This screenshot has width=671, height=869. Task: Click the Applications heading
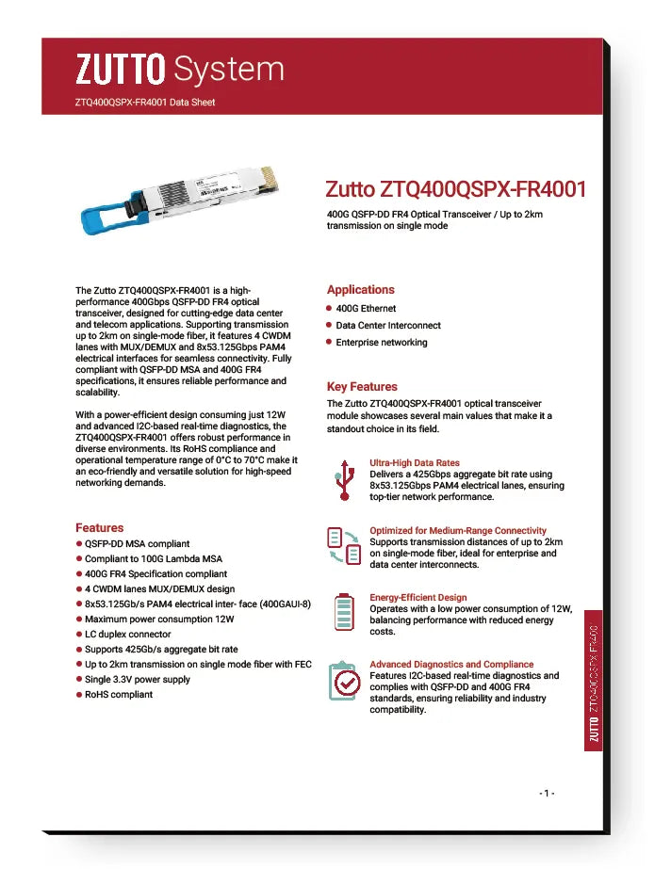click(361, 290)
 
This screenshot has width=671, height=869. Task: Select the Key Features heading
click(362, 387)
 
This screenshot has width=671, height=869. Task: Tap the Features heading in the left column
click(99, 528)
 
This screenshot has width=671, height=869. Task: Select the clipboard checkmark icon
click(344, 681)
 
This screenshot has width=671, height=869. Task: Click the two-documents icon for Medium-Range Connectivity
click(344, 547)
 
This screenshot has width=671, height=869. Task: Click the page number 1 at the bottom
click(547, 794)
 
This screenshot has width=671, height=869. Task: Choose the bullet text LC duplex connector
click(128, 635)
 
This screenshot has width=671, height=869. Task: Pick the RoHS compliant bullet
click(119, 695)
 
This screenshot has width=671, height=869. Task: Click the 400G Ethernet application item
click(366, 309)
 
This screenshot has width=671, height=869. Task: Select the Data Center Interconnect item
click(388, 326)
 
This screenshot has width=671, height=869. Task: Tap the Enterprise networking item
click(382, 343)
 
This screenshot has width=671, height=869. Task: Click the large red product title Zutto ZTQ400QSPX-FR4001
click(456, 189)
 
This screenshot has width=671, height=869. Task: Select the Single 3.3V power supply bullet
click(138, 680)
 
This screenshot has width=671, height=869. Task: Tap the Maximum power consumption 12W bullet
click(159, 620)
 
